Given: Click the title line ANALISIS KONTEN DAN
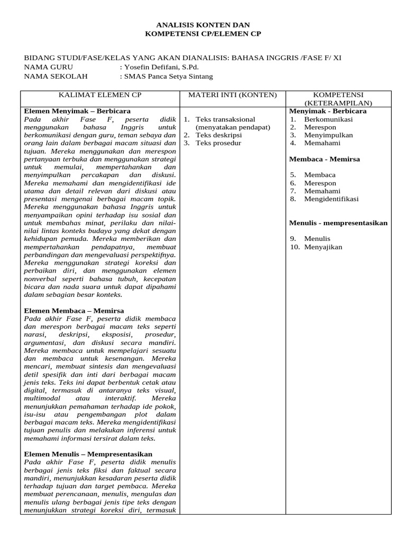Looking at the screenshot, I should (203, 25).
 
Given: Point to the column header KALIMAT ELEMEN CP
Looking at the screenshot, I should (100, 95).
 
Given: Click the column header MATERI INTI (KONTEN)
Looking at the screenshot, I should (233, 95).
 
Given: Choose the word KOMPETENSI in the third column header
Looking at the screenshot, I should (339, 95).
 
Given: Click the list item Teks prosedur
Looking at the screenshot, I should (218, 143).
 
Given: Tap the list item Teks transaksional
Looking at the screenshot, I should (225, 119).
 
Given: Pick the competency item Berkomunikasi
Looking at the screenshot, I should (328, 119).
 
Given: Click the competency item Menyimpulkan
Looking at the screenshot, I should (328, 135).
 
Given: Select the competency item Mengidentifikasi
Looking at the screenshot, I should (331, 199).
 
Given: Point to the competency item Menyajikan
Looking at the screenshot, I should (323, 247).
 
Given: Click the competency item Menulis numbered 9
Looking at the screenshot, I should (317, 239).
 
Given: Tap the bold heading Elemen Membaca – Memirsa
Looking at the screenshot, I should (74, 311).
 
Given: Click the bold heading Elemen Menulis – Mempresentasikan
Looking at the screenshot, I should (88, 454).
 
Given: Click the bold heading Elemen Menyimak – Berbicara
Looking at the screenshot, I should (77, 111).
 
